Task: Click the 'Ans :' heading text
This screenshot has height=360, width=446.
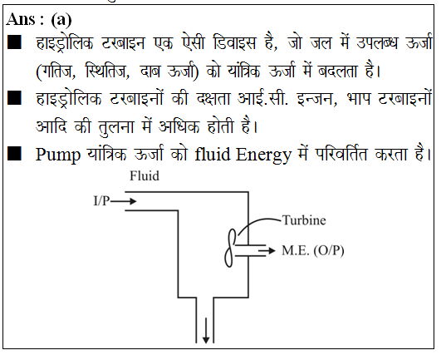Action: click(25, 20)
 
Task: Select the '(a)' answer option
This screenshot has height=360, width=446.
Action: click(61, 20)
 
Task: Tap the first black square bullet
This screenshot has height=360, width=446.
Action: click(14, 42)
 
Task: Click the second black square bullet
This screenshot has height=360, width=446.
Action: click(14, 97)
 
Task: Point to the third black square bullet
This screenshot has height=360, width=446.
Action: click(14, 154)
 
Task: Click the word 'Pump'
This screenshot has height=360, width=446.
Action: click(58, 155)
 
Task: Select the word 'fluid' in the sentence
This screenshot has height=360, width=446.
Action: click(213, 154)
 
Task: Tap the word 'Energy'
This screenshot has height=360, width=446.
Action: click(263, 155)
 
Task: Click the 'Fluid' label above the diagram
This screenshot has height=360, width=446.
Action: click(145, 175)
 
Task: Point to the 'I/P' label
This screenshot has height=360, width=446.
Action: click(101, 201)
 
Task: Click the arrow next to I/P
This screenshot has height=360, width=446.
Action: click(123, 201)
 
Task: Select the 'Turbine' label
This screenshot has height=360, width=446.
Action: click(304, 220)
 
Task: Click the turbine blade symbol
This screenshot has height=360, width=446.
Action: click(230, 248)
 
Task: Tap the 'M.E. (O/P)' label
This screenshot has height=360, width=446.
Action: click(313, 250)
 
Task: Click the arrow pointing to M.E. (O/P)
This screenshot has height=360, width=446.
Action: click(267, 250)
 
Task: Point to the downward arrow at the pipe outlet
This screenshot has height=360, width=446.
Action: click(206, 330)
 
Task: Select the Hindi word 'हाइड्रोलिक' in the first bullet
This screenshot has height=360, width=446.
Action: click(65, 43)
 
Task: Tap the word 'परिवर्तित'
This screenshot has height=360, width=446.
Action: click(341, 154)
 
